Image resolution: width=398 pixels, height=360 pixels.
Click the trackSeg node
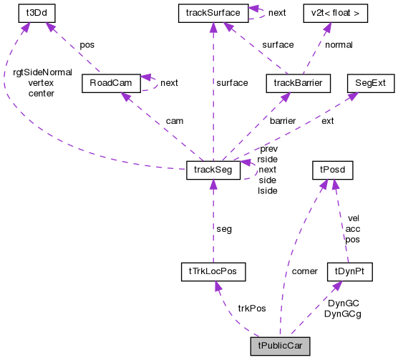click(x=212, y=170)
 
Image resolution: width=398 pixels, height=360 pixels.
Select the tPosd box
click(x=330, y=170)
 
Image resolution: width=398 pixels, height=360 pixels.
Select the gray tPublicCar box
click(x=279, y=345)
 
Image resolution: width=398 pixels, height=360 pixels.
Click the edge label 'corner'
click(x=306, y=272)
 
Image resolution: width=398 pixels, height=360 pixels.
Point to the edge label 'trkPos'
click(x=251, y=308)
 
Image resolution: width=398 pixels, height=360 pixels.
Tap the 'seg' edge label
click(x=224, y=229)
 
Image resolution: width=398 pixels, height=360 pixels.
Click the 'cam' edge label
click(x=174, y=121)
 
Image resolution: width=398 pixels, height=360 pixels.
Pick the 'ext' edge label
click(x=327, y=121)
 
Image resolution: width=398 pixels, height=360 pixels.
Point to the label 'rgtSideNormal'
click(x=42, y=72)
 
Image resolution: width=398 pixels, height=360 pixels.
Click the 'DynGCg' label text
click(x=342, y=313)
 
